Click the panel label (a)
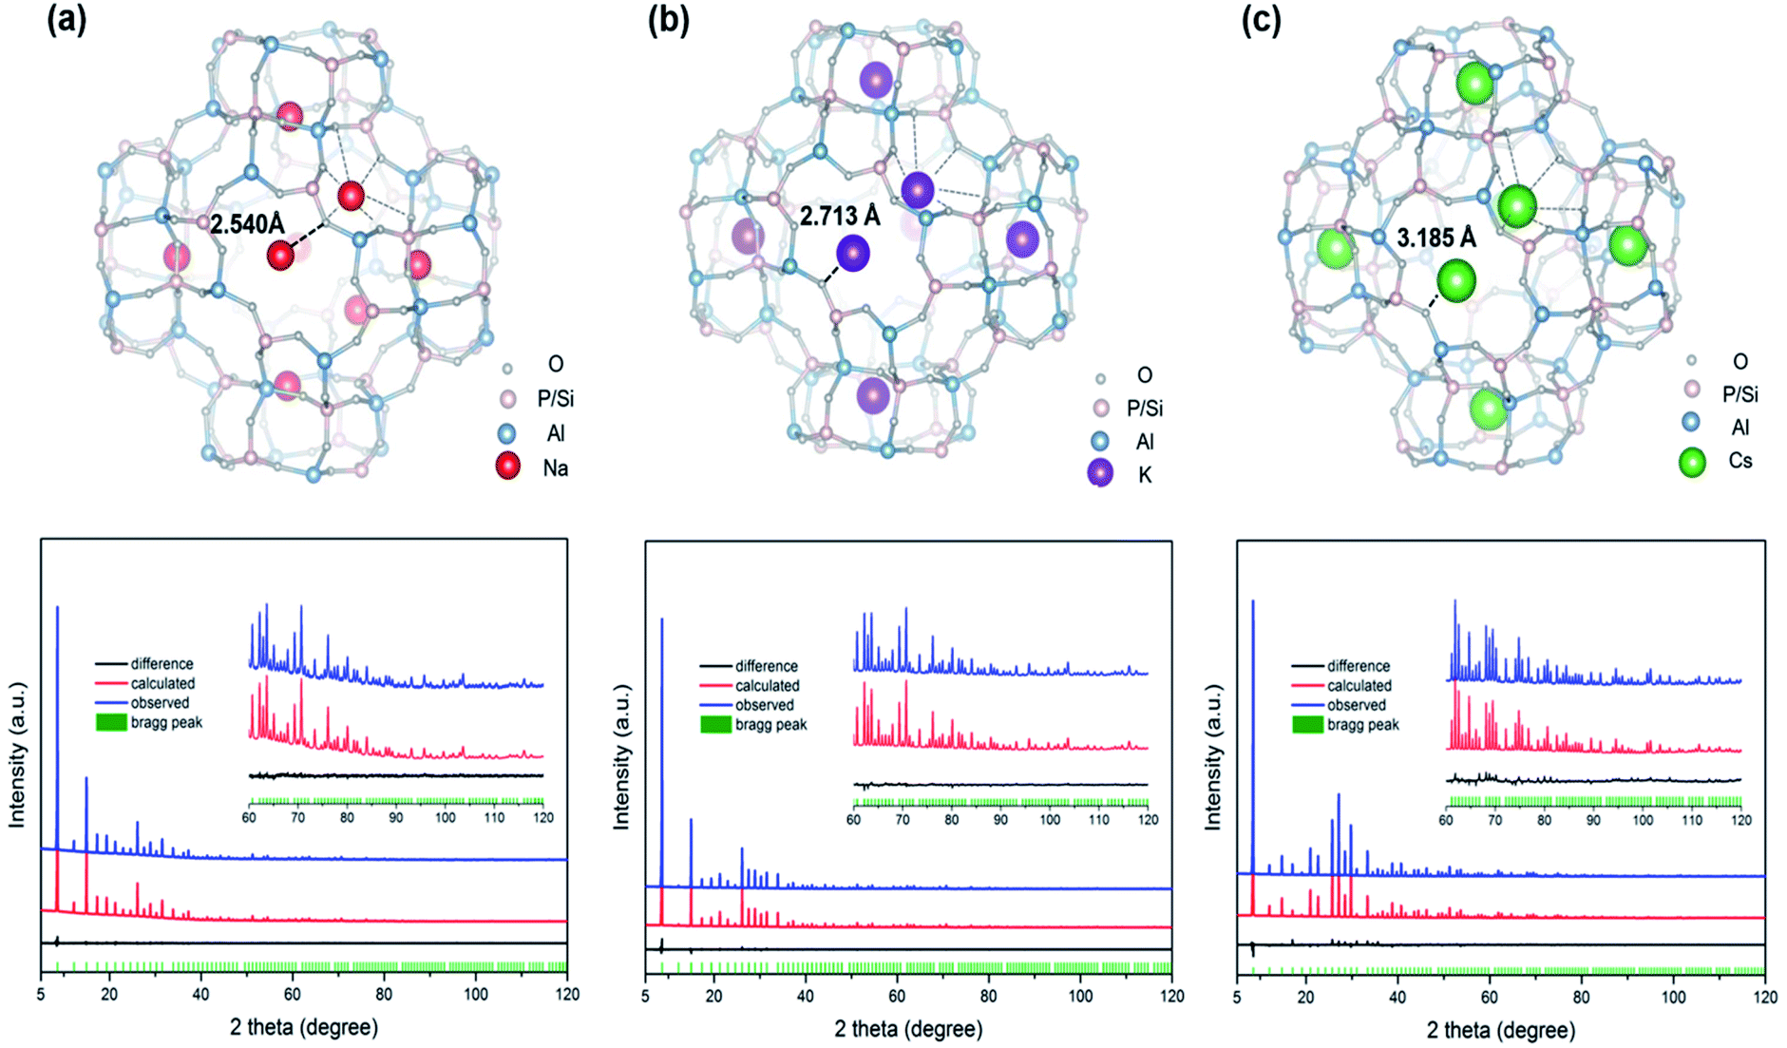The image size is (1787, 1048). pyautogui.click(x=67, y=21)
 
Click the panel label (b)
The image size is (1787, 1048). pyautogui.click(x=668, y=21)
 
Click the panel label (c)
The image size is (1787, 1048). pyautogui.click(x=1261, y=21)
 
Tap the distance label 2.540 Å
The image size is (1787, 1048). pyautogui.click(x=247, y=224)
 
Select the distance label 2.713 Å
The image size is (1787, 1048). pyautogui.click(x=840, y=217)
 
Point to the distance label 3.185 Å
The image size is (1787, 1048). pyautogui.click(x=1436, y=238)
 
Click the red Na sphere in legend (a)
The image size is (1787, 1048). pyautogui.click(x=508, y=467)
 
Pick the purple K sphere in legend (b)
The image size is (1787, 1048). pyautogui.click(x=1100, y=473)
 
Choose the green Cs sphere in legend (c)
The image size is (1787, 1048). pyautogui.click(x=1692, y=462)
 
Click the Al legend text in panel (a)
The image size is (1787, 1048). pyautogui.click(x=556, y=434)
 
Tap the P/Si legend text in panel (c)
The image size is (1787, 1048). pyautogui.click(x=1740, y=394)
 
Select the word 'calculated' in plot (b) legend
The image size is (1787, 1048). pyautogui.click(x=767, y=686)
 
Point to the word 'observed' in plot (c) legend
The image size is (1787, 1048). pyautogui.click(x=1356, y=705)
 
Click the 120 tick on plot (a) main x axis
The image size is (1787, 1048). pyautogui.click(x=566, y=995)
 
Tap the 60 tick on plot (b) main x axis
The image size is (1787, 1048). pyautogui.click(x=897, y=997)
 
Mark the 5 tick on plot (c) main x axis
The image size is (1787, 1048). pyautogui.click(x=1237, y=997)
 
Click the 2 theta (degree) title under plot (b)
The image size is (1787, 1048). pyautogui.click(x=908, y=1029)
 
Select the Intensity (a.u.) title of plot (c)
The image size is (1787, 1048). pyautogui.click(x=1213, y=756)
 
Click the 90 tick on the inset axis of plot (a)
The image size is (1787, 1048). pyautogui.click(x=396, y=817)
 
